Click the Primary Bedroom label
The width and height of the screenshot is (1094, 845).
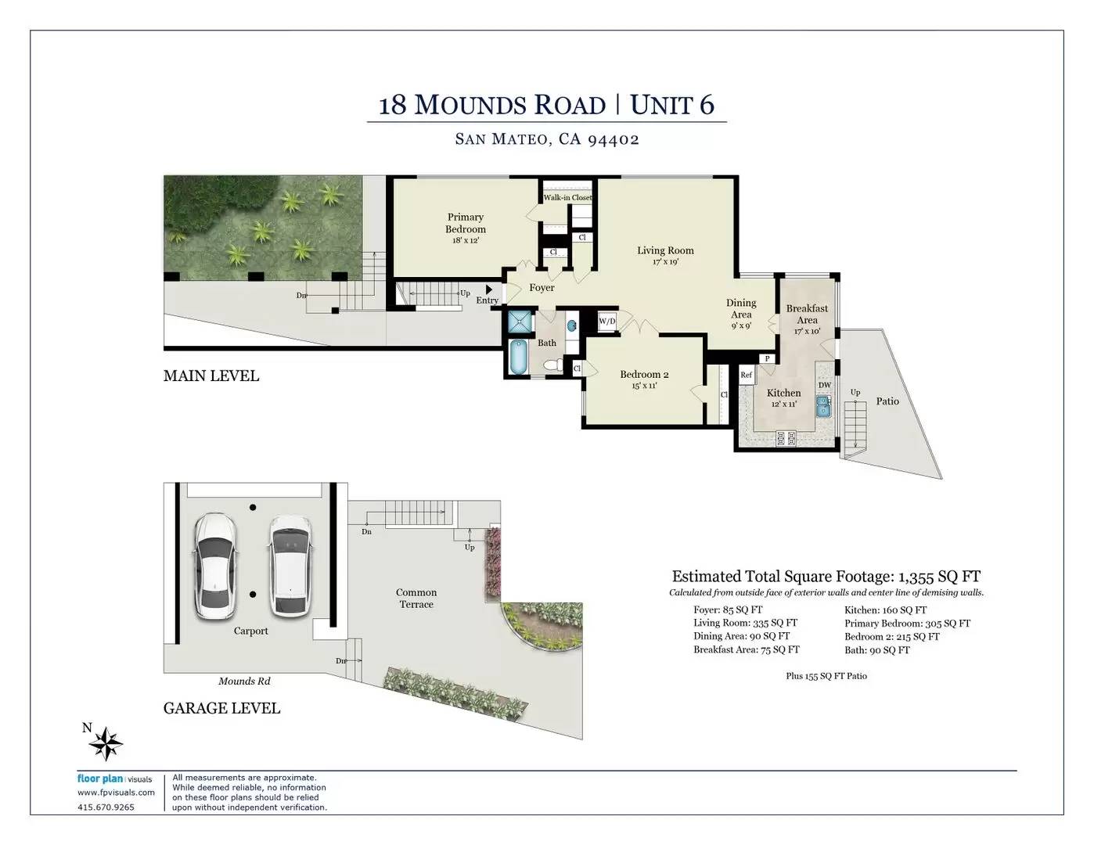[x=465, y=223]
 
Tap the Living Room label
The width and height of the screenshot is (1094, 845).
[x=665, y=250]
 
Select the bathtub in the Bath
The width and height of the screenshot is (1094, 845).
[x=518, y=357]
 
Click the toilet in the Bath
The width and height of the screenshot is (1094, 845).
[x=553, y=365]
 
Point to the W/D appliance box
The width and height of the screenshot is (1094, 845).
[x=607, y=321]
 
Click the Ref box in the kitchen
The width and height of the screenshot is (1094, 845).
[x=746, y=375]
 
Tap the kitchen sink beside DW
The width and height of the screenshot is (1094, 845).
[x=823, y=407]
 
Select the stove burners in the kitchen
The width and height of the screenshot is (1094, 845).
[x=786, y=438]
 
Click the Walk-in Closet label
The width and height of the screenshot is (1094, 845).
[x=567, y=198]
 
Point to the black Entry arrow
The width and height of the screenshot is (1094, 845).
[x=489, y=290]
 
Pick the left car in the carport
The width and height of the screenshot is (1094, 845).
[x=215, y=566]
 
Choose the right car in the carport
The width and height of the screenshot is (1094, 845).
[x=290, y=566]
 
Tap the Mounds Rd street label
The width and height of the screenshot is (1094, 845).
[x=244, y=681]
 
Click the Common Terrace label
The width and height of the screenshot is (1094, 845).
[x=416, y=599]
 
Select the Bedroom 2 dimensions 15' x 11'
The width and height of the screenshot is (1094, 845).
[x=644, y=386]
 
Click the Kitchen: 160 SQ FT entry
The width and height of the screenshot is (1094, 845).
[x=886, y=610]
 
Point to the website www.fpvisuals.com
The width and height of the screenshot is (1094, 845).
[x=116, y=793]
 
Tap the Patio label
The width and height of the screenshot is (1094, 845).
[x=887, y=401]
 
